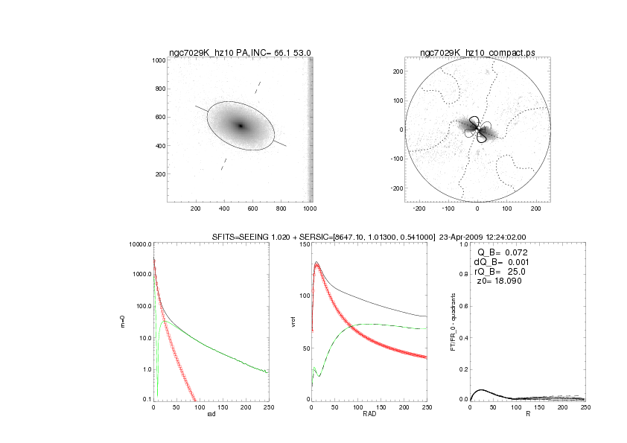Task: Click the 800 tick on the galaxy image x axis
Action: [281, 210]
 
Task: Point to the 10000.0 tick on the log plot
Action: [141, 244]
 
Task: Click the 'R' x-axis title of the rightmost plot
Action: [527, 415]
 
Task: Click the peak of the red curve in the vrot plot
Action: [316, 264]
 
